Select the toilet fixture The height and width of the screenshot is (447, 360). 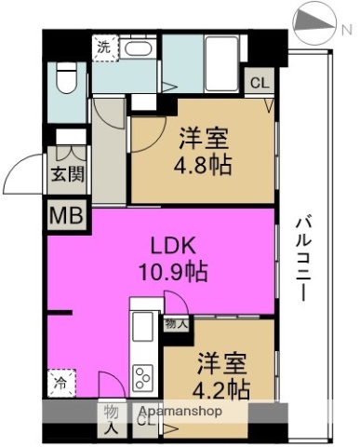tap(65, 80)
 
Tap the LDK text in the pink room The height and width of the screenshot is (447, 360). tap(173, 247)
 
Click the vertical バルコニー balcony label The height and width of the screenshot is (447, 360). tap(303, 257)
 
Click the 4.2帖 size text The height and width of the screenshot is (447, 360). tap(220, 387)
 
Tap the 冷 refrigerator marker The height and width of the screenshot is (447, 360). tap(60, 381)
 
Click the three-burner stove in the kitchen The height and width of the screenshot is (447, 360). tap(144, 377)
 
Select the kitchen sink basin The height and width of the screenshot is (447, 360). tap(143, 329)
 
